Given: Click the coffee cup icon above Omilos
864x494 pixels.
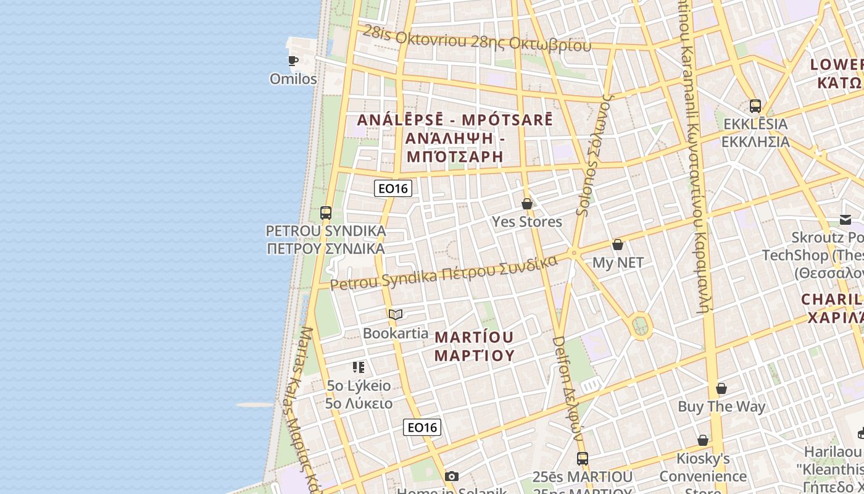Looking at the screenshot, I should coord(293,61).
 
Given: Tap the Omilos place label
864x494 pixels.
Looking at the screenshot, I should coord(293,79).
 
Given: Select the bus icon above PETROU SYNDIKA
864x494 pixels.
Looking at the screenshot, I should coord(326,213).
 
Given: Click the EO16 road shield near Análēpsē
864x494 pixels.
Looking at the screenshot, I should coord(393,188).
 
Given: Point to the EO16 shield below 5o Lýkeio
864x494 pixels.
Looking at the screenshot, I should coord(422,427).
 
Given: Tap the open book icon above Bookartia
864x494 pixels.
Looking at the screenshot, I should coord(396,315).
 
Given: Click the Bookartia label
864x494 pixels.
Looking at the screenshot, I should coord(396,333).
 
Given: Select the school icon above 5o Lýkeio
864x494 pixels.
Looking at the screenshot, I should coord(359,367).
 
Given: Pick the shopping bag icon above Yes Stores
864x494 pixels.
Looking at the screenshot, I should coord(527,204).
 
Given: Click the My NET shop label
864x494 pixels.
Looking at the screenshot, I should coord(618,262).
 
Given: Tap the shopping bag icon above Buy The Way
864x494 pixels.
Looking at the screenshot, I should coord(721,388).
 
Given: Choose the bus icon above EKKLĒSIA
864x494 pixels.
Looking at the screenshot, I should coord(755,106).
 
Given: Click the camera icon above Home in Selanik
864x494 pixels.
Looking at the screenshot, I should coord(452,476).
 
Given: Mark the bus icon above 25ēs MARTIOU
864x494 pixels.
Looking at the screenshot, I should coord(583,459).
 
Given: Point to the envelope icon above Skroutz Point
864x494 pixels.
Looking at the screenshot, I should coord(845,220).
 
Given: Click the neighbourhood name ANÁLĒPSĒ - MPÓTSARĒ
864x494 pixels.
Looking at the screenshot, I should coord(455,120).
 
